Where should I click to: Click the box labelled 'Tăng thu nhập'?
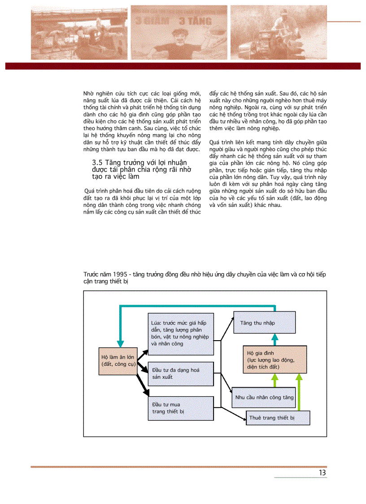click(264, 323)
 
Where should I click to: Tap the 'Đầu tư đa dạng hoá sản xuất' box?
click(181, 373)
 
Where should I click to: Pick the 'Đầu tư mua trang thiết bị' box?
click(181, 408)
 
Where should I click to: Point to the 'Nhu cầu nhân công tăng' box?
click(264, 397)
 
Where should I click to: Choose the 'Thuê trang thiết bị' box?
click(278, 418)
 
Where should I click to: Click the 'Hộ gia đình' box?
click(275, 360)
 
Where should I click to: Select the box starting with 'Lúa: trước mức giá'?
click(181, 333)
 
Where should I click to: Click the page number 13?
click(322, 473)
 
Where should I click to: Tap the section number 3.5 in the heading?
click(97, 162)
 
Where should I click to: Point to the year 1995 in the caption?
click(120, 275)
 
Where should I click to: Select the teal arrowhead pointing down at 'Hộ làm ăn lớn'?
click(120, 344)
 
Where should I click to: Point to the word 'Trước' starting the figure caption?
click(91, 275)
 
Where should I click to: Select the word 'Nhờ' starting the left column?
click(89, 93)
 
